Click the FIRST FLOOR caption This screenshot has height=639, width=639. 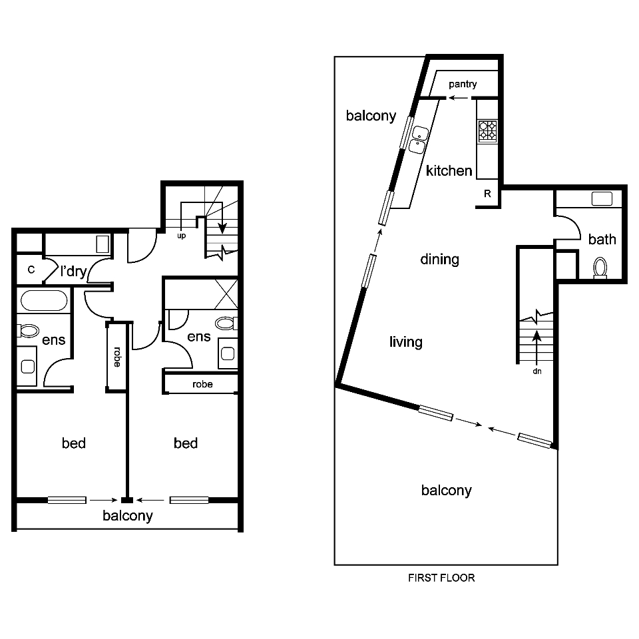pos(441,578)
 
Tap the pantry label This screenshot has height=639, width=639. pos(462,85)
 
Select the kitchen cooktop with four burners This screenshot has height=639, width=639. pos(487,130)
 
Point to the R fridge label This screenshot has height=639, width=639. pos(487,194)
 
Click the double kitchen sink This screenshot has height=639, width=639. pos(419,138)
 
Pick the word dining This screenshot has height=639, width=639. pos(440,259)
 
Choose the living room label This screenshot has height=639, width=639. pos(405,342)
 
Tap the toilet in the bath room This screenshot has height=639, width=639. pos(600,268)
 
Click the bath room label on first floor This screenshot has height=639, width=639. pos(602,240)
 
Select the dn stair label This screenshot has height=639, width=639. pos(536,371)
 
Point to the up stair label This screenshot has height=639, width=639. pos(181,236)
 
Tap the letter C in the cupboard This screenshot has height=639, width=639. pos(31,270)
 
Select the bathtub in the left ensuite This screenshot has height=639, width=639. pos(43,301)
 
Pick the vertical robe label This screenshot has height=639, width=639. pos(117,357)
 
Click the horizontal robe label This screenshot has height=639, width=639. pos(202,384)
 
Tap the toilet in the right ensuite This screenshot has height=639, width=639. pos(226,324)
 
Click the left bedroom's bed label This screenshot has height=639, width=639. pos(74,443)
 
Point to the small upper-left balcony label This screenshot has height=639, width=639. pos(371,116)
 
